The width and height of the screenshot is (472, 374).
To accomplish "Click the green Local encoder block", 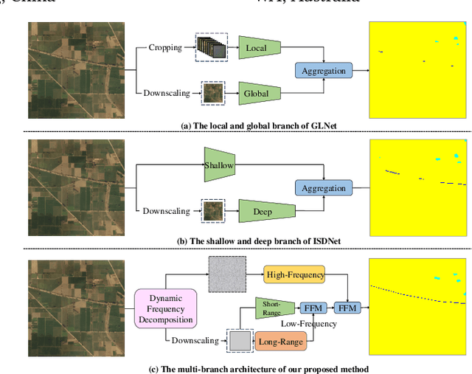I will click(257, 48).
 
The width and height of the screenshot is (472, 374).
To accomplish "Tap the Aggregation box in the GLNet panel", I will click(323, 70).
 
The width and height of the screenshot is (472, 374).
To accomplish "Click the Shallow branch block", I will click(219, 166).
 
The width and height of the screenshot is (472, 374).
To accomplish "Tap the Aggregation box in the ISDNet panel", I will click(323, 188).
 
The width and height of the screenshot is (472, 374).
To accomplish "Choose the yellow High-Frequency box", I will click(294, 275).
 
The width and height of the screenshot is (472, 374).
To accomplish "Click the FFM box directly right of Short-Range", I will click(311, 308).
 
